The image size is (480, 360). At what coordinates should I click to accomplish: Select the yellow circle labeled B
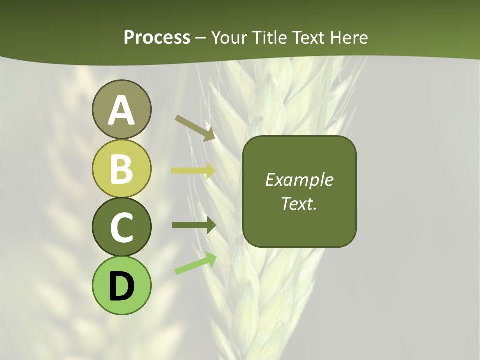tap(121, 168)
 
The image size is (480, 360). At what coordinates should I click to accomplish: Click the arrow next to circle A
tap(195, 127)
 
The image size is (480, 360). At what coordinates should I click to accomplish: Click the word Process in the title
tap(157, 37)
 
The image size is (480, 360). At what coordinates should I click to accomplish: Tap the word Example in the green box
tap(299, 180)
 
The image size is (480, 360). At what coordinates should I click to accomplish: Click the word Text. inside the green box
tap(299, 203)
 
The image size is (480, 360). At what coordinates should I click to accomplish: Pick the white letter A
tap(121, 110)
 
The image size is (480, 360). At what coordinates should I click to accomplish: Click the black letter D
tap(121, 286)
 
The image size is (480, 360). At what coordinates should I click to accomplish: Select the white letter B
tap(121, 168)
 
